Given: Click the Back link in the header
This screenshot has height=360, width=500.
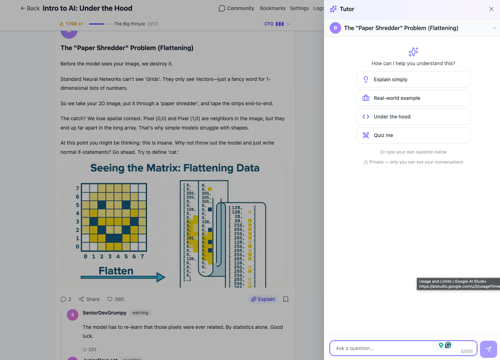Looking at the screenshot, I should [x=30, y=8].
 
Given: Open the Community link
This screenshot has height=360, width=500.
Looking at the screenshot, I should [x=236, y=8].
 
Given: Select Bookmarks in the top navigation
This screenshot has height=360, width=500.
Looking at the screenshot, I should [x=273, y=8].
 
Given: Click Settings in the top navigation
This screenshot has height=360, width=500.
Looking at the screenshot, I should [x=299, y=8].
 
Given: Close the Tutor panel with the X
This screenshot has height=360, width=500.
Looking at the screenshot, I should [x=491, y=9].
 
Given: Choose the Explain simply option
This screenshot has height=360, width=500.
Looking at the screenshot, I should [x=413, y=79].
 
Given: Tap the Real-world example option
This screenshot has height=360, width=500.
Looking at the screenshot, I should [x=413, y=98].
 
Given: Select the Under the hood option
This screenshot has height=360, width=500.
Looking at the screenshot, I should [x=413, y=117].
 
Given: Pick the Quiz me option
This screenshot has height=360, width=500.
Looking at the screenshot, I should [x=413, y=135].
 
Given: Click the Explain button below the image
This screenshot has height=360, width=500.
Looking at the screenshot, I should [x=263, y=299].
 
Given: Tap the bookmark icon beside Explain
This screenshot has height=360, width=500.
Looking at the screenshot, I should [x=286, y=299].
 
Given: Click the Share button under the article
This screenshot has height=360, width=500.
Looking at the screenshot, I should [x=89, y=299].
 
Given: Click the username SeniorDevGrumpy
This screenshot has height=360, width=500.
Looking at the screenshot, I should [x=104, y=313].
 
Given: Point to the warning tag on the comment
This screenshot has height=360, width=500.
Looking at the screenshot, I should [x=140, y=313].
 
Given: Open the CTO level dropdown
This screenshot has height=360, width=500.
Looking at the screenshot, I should [x=277, y=24].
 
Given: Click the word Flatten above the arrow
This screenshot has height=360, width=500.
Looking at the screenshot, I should [x=116, y=271].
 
